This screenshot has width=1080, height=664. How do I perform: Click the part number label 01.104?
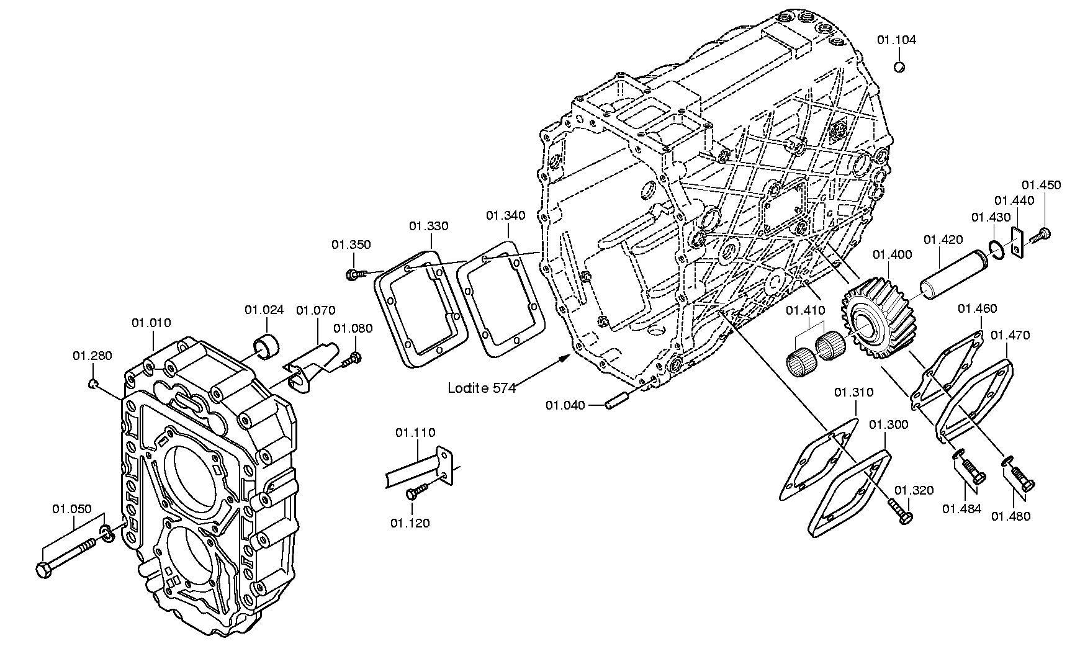coord(896,40)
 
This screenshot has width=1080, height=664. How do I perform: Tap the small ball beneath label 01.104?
coord(899,66)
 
